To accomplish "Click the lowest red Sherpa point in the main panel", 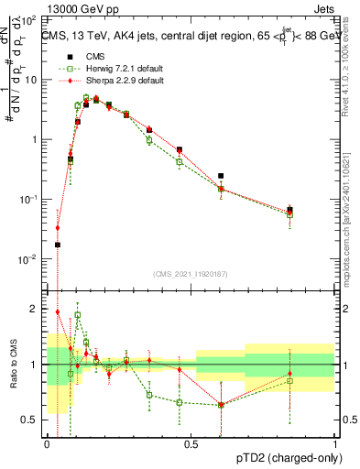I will (57, 228).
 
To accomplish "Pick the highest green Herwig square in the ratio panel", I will (78, 315).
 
